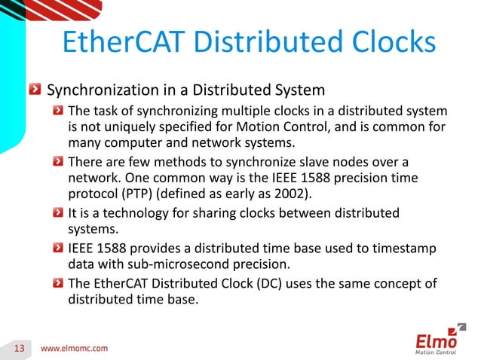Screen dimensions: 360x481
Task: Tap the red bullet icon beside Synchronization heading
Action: pos(35,90)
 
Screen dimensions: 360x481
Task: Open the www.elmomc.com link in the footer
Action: pos(73,348)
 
